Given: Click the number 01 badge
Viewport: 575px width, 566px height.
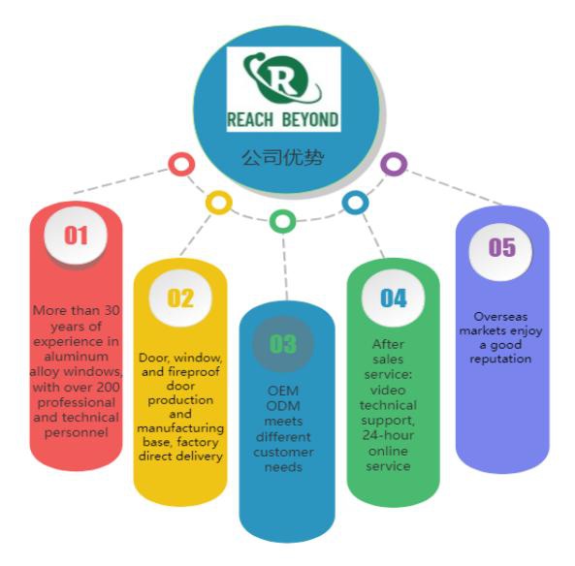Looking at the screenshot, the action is tap(76, 235).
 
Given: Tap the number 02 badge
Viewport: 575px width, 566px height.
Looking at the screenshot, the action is tap(180, 298).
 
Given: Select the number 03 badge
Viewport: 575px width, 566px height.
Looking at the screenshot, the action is tap(283, 344).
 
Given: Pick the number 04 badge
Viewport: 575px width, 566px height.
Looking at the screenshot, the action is tap(393, 298).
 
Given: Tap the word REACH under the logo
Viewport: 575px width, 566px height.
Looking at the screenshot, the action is tap(250, 120).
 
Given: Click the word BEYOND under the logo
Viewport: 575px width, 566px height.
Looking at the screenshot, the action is tap(310, 120).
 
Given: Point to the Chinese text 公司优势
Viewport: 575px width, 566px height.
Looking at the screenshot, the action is tap(283, 157).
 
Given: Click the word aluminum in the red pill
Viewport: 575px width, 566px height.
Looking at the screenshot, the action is tap(77, 357).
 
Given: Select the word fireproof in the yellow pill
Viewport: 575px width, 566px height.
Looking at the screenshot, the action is tap(194, 372).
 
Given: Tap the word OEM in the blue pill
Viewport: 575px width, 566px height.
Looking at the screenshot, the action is tap(283, 391).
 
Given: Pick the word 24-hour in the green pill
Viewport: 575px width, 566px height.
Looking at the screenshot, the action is tap(388, 435).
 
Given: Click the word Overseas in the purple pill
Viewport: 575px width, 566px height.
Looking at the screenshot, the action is tap(500, 316).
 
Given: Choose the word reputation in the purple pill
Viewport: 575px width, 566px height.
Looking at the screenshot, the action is tap(500, 359).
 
